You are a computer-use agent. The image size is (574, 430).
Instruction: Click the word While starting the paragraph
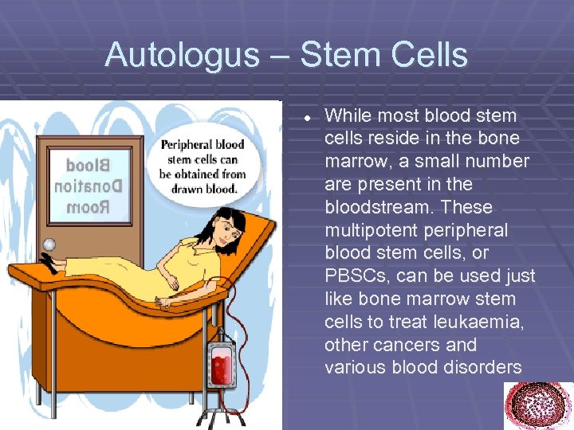click(x=347, y=115)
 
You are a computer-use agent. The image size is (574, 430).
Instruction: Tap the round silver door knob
click(x=49, y=244)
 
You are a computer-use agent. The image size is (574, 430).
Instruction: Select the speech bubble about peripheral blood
click(x=202, y=166)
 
